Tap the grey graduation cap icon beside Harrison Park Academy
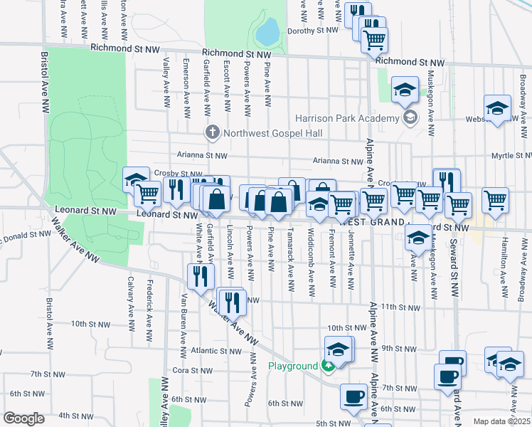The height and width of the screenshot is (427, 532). coord(409,117)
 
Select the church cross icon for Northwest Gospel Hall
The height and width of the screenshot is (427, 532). coord(211,132)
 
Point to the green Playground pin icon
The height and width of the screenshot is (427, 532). coord(326,367)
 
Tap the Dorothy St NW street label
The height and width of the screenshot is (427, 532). coord(313,31)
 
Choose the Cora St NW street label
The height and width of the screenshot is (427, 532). coord(189,371)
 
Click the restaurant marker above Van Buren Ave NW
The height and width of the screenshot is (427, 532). coord(201,277)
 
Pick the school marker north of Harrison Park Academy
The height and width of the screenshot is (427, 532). coord(405,90)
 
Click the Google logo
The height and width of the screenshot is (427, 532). coord(24,419)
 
